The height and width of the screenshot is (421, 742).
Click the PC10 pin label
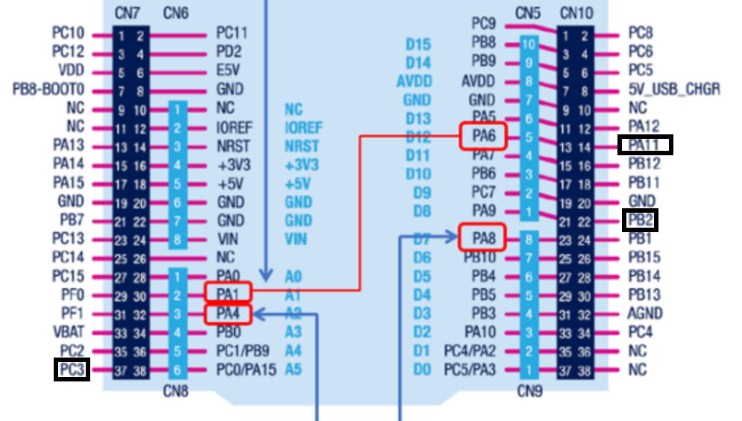point(68,33)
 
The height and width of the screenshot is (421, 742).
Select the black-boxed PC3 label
point(72,369)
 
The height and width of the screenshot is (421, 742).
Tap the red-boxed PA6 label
point(482,135)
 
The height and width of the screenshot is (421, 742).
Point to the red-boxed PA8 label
point(482,238)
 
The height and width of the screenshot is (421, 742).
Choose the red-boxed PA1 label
point(228,293)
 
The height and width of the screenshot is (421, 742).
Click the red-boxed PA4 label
point(228,314)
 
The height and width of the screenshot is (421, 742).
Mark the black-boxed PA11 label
point(645,145)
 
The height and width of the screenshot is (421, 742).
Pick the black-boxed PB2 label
point(641,220)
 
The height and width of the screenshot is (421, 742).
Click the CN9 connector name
point(528,389)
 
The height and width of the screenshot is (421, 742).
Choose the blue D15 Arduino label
point(418,44)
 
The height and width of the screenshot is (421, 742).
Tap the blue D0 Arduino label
point(422,369)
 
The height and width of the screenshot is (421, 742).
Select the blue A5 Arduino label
point(293,369)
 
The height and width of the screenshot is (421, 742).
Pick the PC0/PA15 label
point(246,369)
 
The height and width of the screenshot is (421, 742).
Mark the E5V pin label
point(228,70)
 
